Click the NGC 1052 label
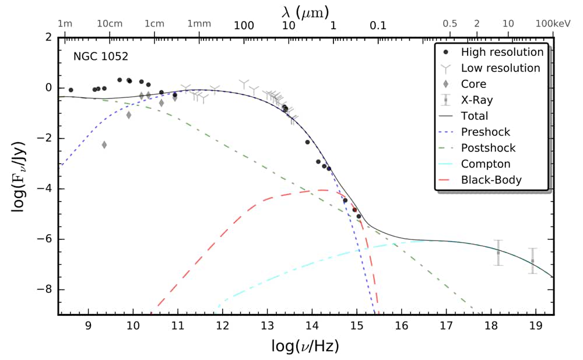[x=100, y=57]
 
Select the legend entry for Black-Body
[x=491, y=180]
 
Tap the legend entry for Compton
[x=486, y=164]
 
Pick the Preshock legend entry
[x=486, y=132]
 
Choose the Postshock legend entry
[x=488, y=148]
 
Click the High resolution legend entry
[x=502, y=52]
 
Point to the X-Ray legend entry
[x=475, y=100]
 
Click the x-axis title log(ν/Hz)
[x=305, y=346]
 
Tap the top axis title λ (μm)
[x=305, y=10]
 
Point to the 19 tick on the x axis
[x=535, y=326]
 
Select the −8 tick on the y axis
[x=45, y=290]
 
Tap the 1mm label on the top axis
[x=199, y=24]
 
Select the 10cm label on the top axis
[x=110, y=24]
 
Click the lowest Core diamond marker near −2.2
[x=104, y=144]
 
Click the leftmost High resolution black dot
[x=71, y=90]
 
